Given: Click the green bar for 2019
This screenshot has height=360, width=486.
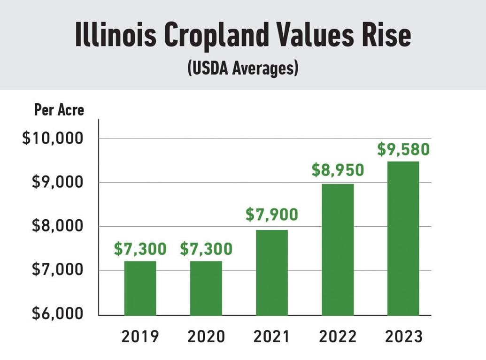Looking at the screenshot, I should click(x=140, y=288).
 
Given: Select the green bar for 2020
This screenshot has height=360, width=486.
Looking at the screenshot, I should click(x=206, y=288).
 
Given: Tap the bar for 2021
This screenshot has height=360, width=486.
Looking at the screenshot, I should click(x=271, y=272).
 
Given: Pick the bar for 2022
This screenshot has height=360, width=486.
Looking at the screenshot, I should click(x=338, y=249).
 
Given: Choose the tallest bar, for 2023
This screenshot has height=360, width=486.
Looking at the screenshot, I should click(x=403, y=238).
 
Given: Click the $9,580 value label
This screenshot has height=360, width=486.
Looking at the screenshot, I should click(x=403, y=150).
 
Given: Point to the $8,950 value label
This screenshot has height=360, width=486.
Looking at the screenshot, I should click(x=338, y=170).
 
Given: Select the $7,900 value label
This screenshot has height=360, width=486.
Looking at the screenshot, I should click(x=271, y=214).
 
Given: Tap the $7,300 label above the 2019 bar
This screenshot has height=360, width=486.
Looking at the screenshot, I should click(x=140, y=249).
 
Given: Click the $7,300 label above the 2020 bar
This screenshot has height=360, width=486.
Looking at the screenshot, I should click(x=206, y=249).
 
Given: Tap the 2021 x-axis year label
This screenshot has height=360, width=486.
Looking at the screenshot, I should click(x=272, y=337).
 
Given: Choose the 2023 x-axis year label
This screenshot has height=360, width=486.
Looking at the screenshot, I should click(x=403, y=337).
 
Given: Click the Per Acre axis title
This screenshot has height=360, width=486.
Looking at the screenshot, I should click(x=59, y=110).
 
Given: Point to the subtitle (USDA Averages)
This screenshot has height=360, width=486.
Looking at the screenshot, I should click(x=243, y=69).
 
